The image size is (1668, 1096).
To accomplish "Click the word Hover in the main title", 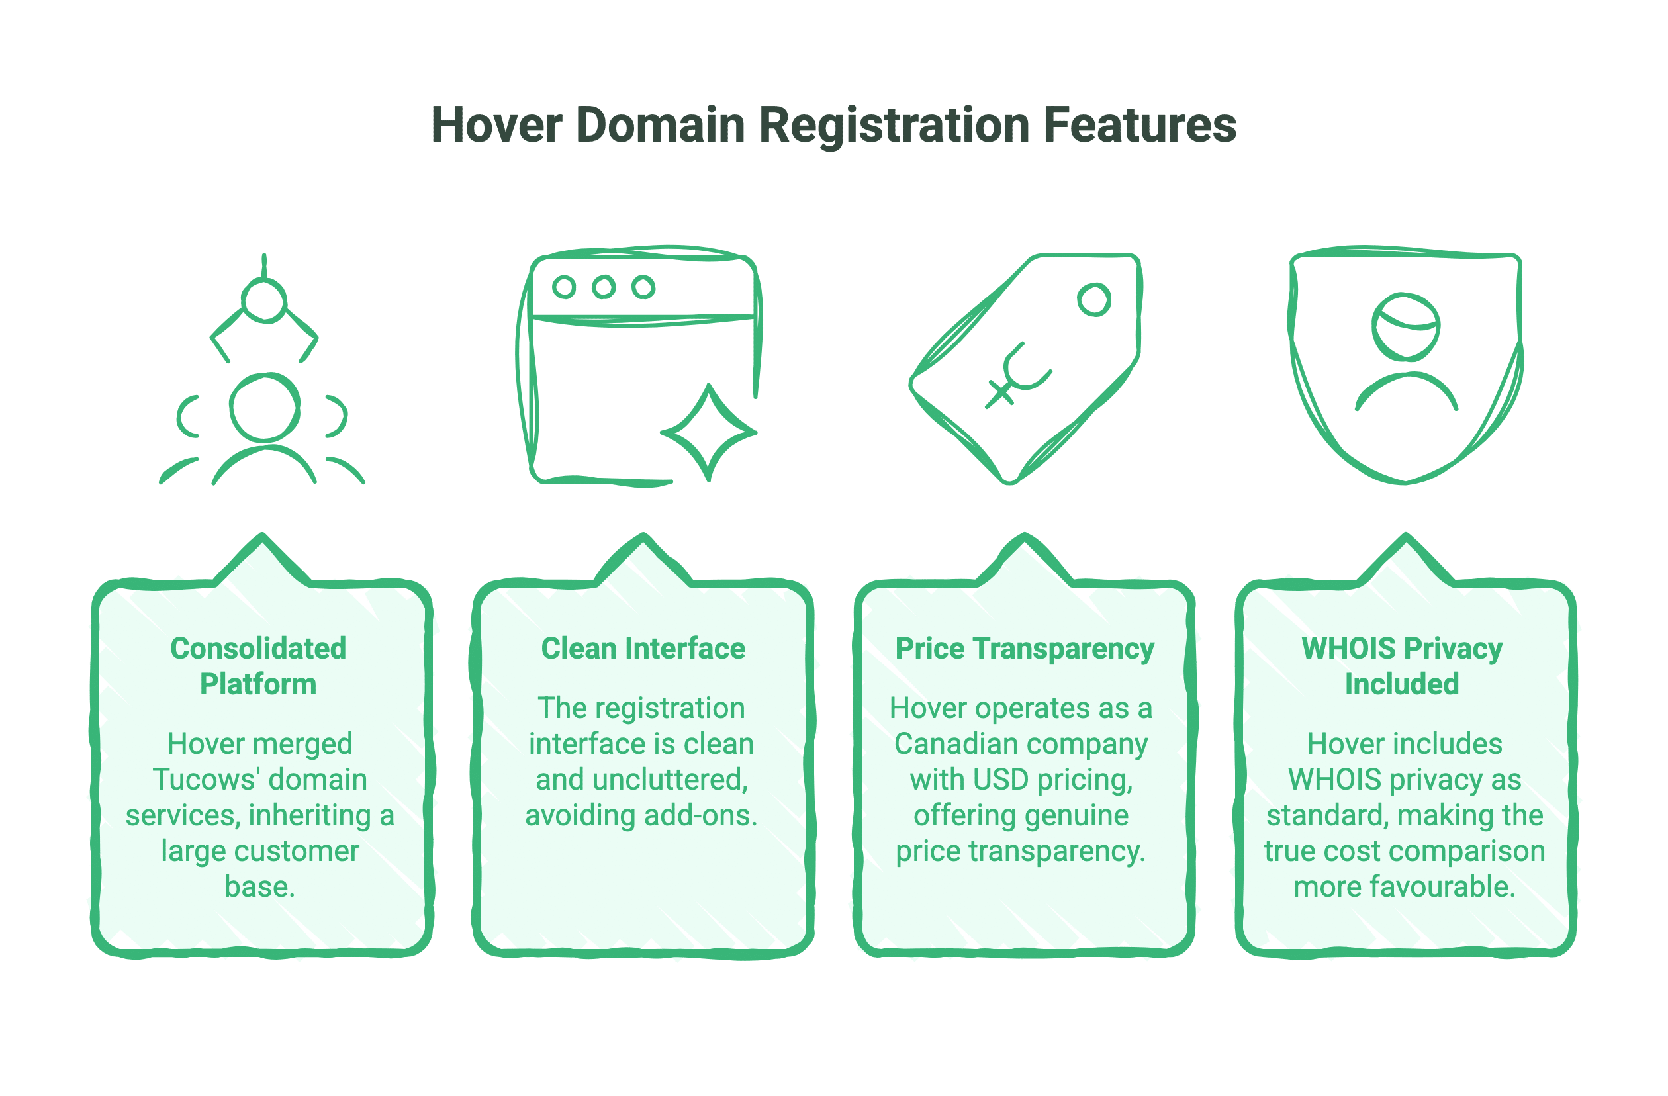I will [496, 126].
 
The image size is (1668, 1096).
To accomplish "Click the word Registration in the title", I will [894, 127].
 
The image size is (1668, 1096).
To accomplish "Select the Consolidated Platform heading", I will [258, 666].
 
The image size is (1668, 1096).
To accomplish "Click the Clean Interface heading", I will [643, 648].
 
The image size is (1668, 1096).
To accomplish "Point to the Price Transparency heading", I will [1024, 649].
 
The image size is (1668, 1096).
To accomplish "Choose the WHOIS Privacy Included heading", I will [1402, 666].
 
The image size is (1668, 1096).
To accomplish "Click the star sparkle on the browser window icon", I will [708, 432].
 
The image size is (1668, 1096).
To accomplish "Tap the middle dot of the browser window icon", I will [604, 287].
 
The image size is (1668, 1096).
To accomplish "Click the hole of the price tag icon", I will [1094, 299].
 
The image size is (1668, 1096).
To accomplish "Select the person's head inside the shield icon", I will [1405, 326].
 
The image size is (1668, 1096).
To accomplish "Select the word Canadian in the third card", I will [955, 743].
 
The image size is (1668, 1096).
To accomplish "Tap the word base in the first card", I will [257, 886].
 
